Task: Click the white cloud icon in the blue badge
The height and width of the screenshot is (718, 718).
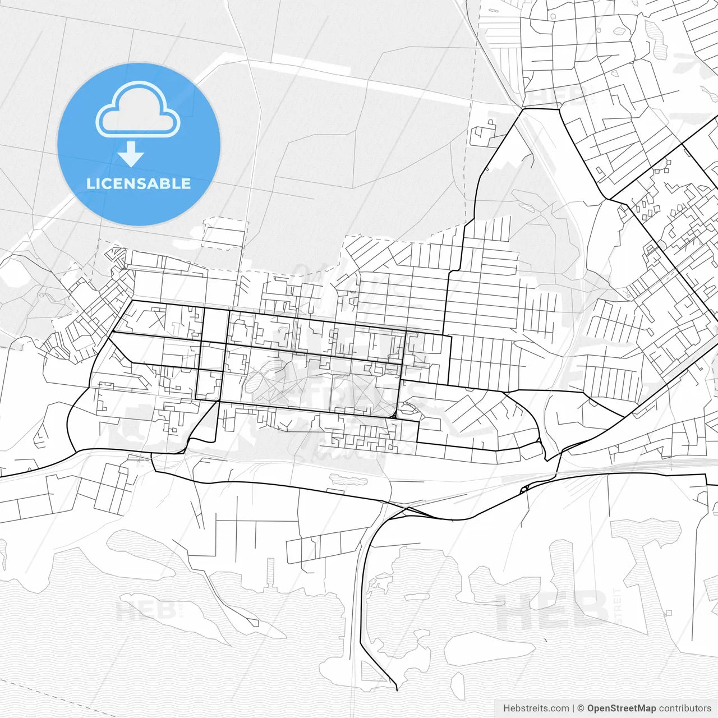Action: (x=138, y=111)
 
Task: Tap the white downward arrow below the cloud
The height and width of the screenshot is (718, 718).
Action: (x=131, y=154)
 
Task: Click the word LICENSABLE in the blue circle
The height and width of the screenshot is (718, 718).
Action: (x=139, y=183)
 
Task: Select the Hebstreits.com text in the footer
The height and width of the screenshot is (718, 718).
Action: (x=536, y=708)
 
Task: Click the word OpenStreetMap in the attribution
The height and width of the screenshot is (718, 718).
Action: (x=622, y=708)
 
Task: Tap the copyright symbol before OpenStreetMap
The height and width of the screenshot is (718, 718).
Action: (x=581, y=708)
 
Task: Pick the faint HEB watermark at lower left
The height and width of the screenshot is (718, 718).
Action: (x=147, y=610)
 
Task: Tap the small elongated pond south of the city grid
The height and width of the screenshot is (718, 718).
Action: (x=348, y=480)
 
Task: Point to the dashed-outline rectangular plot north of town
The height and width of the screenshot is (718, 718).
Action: (x=225, y=233)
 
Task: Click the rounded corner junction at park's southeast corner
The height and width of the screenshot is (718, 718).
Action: (x=395, y=416)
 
